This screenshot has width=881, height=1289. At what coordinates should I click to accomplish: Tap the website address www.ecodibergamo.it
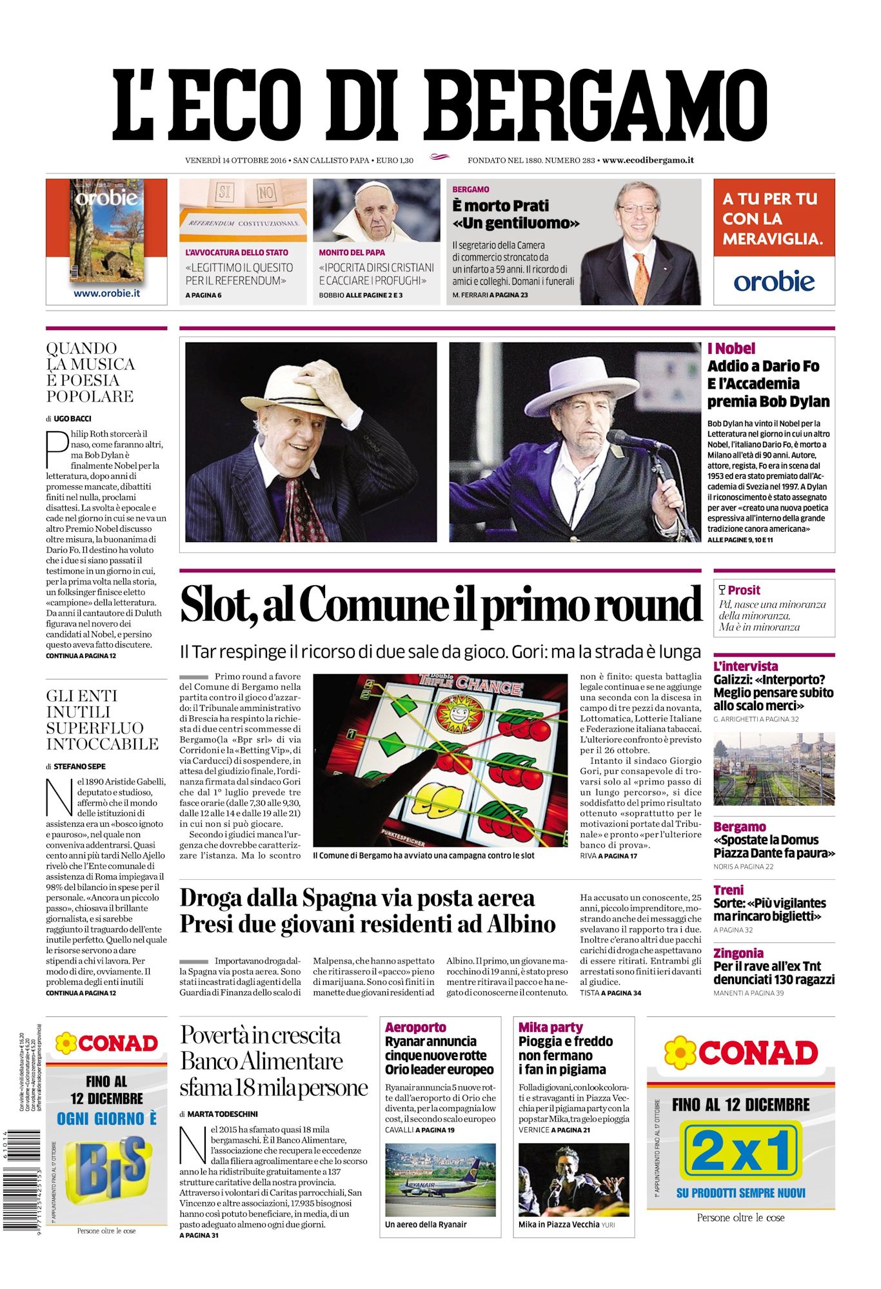pos(648,160)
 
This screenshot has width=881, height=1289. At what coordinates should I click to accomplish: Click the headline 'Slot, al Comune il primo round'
pos(440,605)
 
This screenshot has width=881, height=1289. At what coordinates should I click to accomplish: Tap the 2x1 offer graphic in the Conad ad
pos(741,1149)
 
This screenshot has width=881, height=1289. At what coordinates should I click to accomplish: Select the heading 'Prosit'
pos(744,590)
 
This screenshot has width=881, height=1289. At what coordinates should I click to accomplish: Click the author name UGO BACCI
pos(72,419)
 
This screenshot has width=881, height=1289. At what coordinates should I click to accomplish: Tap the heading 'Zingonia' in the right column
pos(738,953)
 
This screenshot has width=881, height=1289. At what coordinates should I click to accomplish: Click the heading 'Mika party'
pos(550,1027)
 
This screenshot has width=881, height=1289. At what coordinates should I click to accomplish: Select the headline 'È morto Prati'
pos(500,206)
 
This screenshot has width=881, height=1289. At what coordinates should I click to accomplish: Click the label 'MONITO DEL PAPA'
pos(351,253)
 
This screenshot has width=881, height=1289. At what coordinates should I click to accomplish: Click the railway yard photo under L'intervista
pos(773,768)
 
